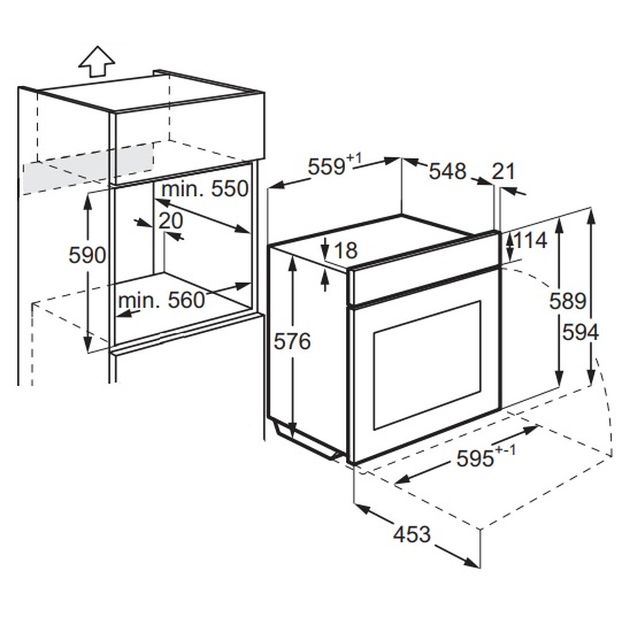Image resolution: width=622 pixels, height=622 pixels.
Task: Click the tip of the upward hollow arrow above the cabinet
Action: coord(97,47)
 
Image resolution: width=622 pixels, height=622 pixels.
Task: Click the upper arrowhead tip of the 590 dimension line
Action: coord(88,194)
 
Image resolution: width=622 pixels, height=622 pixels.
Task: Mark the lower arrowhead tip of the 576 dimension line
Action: coord(293,439)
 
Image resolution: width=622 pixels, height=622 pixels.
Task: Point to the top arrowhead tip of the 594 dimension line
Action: coord(591,208)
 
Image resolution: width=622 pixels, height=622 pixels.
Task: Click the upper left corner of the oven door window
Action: coord(373,332)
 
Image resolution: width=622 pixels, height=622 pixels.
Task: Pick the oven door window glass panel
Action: coord(427,365)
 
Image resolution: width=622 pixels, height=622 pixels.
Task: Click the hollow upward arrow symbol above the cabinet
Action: coord(97,62)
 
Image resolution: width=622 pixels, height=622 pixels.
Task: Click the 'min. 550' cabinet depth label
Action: coord(205,189)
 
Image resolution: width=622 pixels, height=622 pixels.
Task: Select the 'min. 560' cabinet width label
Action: coord(162,300)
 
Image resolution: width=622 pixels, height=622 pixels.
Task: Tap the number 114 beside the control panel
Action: coord(531,240)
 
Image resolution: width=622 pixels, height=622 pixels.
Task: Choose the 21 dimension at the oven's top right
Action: coord(503,172)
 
